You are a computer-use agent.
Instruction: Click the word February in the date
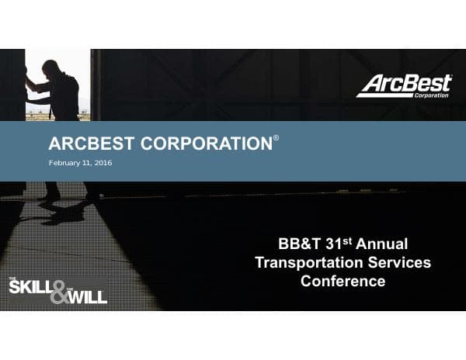tap(64, 164)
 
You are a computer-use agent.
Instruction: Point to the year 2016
tap(104, 164)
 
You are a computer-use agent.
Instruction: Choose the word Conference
tap(343, 282)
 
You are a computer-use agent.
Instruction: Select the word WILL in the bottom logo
tap(86, 296)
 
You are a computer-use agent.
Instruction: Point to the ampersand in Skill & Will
tap(58, 291)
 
